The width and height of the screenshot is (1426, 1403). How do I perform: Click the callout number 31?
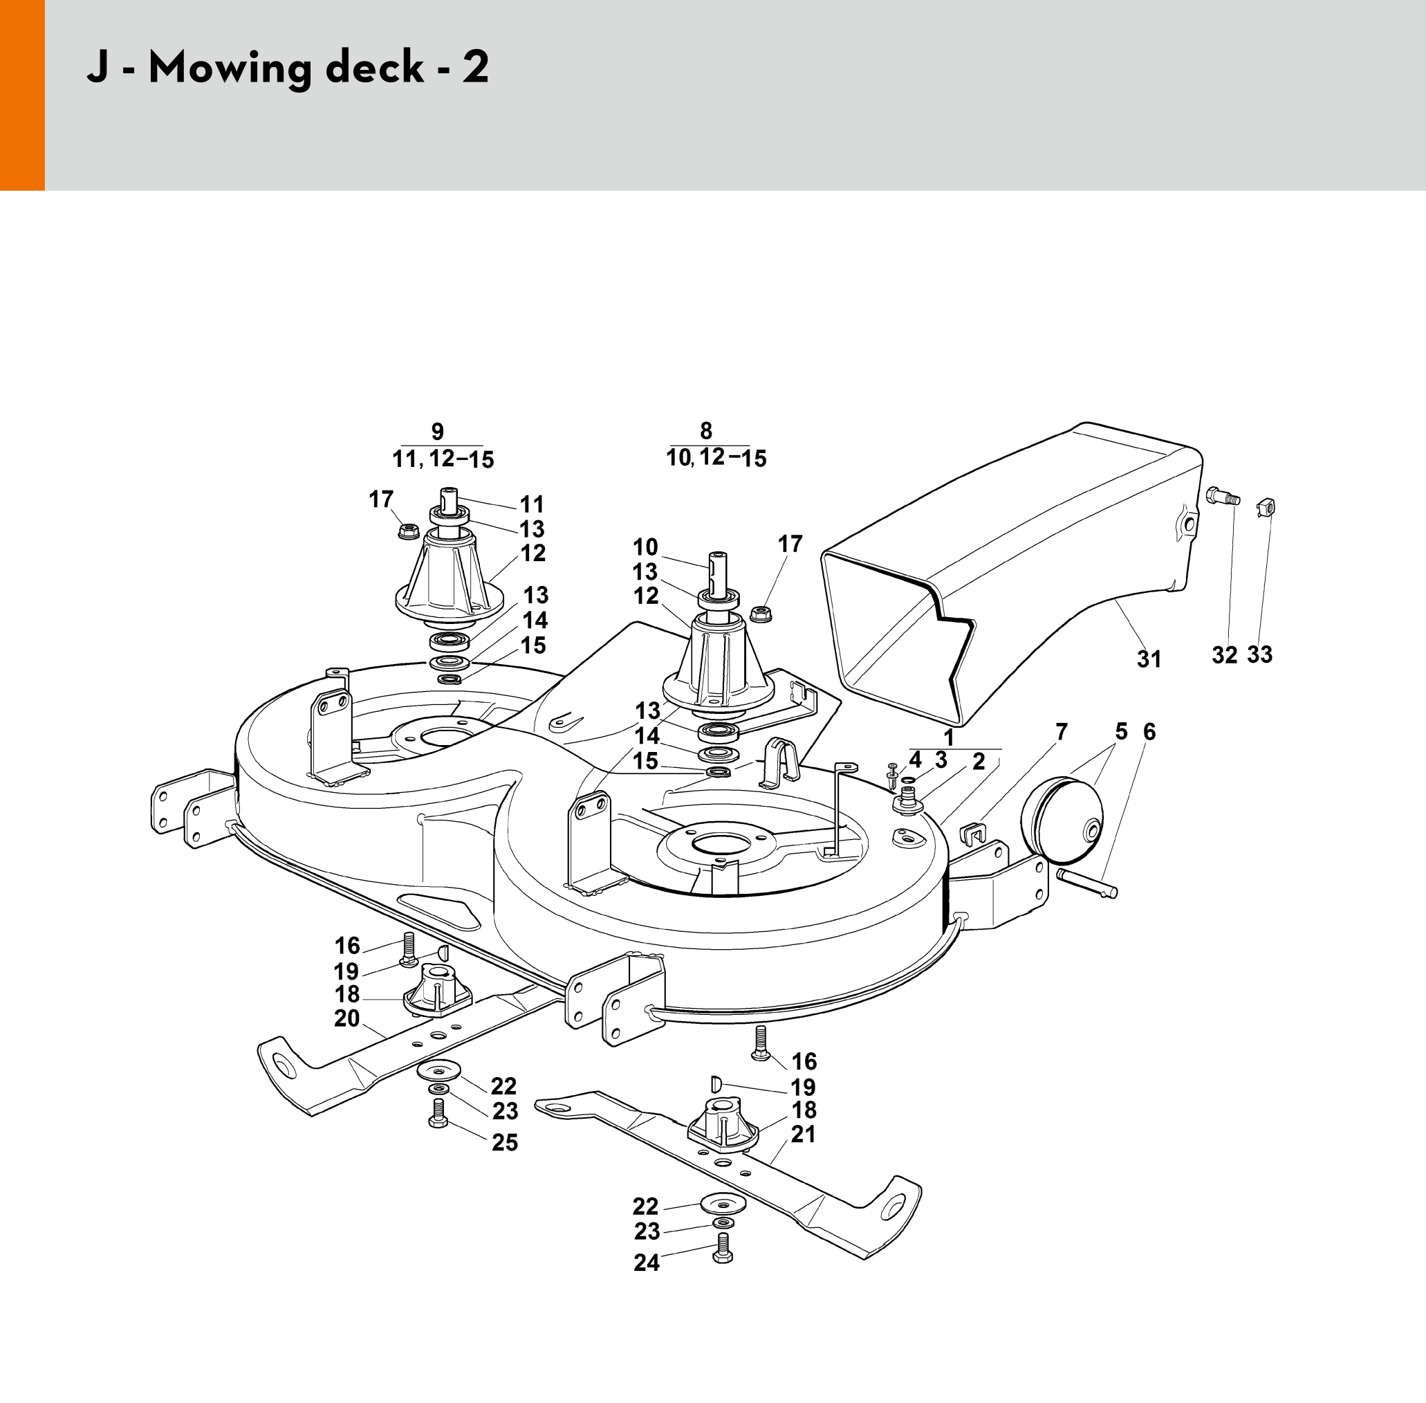pyautogui.click(x=1149, y=659)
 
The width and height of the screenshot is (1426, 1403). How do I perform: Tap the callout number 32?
pyautogui.click(x=1225, y=655)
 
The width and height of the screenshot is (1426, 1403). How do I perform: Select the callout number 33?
pyautogui.click(x=1259, y=654)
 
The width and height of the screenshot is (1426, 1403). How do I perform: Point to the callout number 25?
pyautogui.click(x=505, y=1143)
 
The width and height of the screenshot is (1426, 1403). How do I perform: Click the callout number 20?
pyautogui.click(x=347, y=1018)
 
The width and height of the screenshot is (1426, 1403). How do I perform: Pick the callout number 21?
pyautogui.click(x=804, y=1134)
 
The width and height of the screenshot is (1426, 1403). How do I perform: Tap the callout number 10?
pyautogui.click(x=645, y=547)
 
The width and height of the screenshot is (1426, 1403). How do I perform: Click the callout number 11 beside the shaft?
pyautogui.click(x=532, y=505)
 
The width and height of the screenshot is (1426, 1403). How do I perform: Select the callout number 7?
pyautogui.click(x=1062, y=732)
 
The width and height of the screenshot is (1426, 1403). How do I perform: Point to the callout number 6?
pyautogui.click(x=1149, y=732)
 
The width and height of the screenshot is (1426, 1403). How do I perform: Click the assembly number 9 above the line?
pyautogui.click(x=438, y=431)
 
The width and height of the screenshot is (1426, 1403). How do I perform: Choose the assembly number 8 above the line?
pyautogui.click(x=705, y=430)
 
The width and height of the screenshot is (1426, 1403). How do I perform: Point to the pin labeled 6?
pyautogui.click(x=1087, y=883)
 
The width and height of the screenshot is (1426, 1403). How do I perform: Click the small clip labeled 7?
pyautogui.click(x=973, y=835)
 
